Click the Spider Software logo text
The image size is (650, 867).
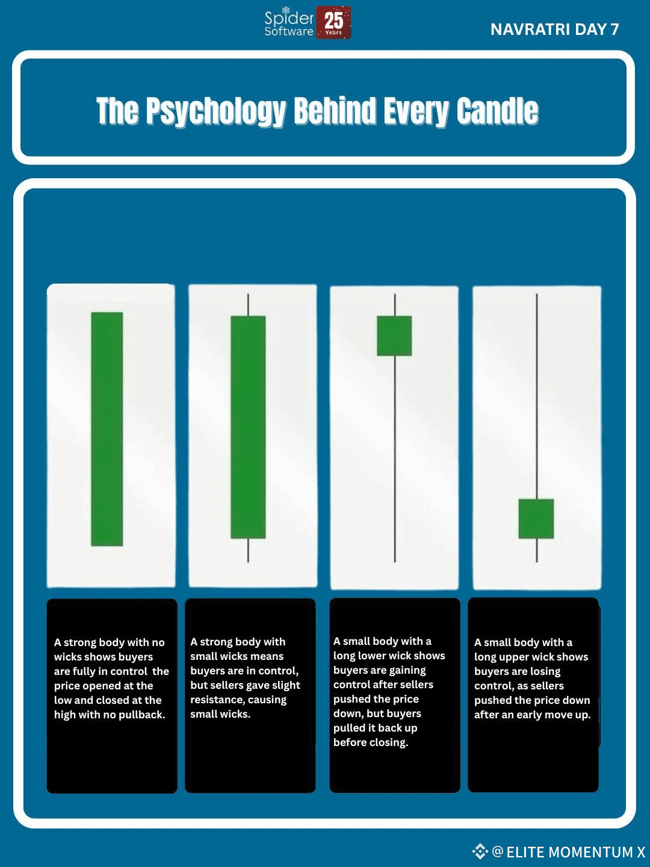pos(289,23)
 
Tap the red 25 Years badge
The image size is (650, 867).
pos(333,22)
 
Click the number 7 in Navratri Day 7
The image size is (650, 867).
pos(614,30)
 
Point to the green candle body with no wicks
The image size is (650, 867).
pos(107,429)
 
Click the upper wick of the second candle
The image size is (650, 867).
pos(248,305)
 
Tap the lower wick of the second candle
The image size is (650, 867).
pos(248,550)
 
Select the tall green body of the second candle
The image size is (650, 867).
pos(248,427)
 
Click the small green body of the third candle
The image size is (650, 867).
pos(394,336)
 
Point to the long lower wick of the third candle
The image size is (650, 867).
pos(395,459)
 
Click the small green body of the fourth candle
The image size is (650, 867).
pos(536,518)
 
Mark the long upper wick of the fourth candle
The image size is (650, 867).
pos(536,397)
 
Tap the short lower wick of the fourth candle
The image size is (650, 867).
pos(536,550)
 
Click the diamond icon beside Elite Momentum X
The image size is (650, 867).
pos(480,851)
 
